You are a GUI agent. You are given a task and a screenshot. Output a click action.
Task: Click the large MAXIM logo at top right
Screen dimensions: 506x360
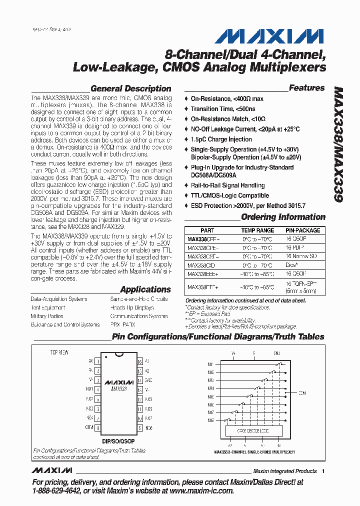(x=270, y=36)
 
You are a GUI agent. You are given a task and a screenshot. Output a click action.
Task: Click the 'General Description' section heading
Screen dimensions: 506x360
(x=130, y=88)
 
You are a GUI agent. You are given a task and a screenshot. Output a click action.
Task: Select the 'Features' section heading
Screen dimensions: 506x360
(x=306, y=88)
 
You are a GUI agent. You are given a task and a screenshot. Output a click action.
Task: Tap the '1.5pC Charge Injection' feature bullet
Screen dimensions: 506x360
(x=221, y=139)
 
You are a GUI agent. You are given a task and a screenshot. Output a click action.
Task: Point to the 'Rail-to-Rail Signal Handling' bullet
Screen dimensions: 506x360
(x=227, y=185)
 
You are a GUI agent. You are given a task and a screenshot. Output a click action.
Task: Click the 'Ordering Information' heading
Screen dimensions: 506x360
(x=283, y=217)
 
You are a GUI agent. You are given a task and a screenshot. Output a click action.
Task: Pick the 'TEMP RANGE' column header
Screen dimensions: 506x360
(x=257, y=230)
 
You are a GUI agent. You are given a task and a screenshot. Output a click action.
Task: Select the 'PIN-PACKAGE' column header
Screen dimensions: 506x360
(x=303, y=230)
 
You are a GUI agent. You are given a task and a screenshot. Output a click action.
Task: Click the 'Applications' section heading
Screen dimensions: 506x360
(x=145, y=289)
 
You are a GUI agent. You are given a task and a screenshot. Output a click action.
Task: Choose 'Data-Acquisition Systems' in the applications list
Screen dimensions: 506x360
(x=59, y=299)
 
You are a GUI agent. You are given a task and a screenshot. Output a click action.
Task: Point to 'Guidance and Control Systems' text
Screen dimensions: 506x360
(x=65, y=324)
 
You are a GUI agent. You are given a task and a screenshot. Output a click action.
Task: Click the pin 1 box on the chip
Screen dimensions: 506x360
(x=98, y=360)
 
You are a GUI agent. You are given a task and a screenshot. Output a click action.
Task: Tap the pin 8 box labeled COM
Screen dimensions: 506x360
(x=98, y=427)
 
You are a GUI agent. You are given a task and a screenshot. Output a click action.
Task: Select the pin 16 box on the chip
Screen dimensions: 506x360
(x=140, y=360)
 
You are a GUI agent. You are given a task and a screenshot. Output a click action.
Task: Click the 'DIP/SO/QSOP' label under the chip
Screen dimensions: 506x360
(x=118, y=442)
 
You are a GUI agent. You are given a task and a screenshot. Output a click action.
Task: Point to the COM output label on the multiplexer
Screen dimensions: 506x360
(x=301, y=392)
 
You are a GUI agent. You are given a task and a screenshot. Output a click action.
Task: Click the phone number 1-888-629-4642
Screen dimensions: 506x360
(x=55, y=491)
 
